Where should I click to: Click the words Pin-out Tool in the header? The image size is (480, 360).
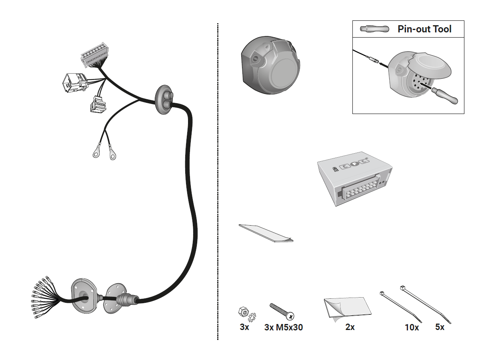[x=424, y=29]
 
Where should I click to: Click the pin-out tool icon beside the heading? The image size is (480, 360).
[x=374, y=29]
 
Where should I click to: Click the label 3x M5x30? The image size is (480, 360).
[x=283, y=327]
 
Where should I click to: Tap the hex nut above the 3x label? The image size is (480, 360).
[x=243, y=312]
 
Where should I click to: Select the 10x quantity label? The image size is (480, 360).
[x=412, y=328]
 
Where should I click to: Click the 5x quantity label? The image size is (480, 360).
[x=440, y=327]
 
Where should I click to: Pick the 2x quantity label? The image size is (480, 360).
[x=350, y=327]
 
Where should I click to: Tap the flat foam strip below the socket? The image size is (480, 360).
[x=266, y=233]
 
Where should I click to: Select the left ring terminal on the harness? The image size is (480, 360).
[x=96, y=152]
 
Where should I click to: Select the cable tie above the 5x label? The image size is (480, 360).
[x=426, y=304]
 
